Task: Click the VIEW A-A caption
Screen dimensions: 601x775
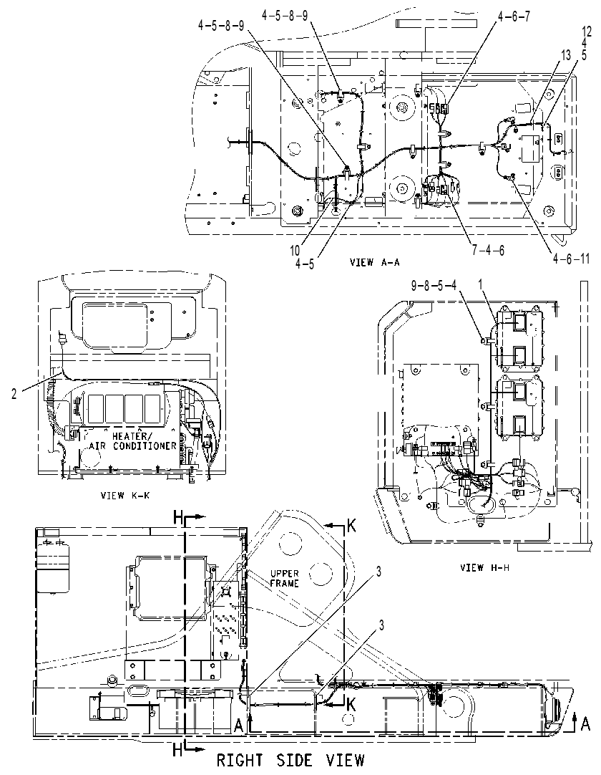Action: coord(374,262)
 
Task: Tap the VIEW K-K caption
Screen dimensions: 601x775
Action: coord(124,495)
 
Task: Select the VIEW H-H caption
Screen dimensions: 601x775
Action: coord(484,567)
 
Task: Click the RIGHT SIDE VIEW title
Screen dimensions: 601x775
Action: coord(291,760)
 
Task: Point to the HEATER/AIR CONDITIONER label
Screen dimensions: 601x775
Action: coord(132,441)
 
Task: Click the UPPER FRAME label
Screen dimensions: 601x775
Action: coord(285,578)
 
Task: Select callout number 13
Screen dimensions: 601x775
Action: coord(566,57)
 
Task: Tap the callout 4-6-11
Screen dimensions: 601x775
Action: coord(570,259)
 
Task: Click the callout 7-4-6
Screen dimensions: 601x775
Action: coord(488,250)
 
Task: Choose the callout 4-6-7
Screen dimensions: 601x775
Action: coord(514,16)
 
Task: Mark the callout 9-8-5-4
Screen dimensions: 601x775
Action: coord(434,285)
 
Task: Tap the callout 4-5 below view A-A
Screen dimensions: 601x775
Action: coord(305,264)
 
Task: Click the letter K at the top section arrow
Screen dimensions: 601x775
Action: coord(351,527)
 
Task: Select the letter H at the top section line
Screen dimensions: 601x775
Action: coord(178,517)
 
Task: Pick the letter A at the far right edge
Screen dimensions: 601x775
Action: coord(585,724)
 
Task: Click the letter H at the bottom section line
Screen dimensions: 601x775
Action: coord(177,750)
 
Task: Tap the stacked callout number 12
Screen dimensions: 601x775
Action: coord(587,34)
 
